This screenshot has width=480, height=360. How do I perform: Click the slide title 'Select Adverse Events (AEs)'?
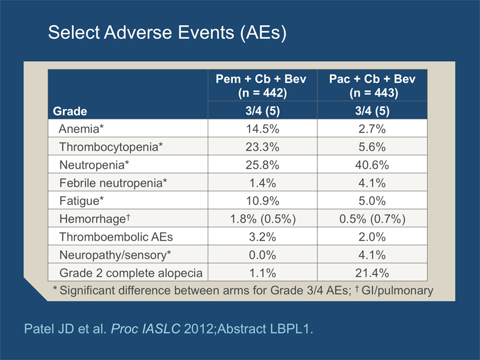tap(167, 32)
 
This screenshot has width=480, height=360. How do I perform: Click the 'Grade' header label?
tap(70, 111)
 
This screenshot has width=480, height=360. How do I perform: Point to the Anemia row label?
tap(82, 129)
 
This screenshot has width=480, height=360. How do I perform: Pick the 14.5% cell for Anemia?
tap(263, 129)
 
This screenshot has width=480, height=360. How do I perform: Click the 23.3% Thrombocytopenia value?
tap(262, 147)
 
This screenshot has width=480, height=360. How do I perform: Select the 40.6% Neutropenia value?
tap(372, 165)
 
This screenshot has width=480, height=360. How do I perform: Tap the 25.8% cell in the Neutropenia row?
tap(262, 165)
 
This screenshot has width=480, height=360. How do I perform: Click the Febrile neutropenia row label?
tap(113, 183)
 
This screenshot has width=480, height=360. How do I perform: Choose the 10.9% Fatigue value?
tap(263, 201)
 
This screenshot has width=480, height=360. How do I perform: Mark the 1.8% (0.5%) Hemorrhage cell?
tap(263, 219)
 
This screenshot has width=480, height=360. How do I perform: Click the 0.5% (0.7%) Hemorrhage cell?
tap(372, 219)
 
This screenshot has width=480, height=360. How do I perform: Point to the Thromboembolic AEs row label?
tap(116, 237)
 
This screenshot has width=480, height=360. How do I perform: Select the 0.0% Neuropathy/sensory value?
tap(262, 255)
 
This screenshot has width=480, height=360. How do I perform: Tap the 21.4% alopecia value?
tap(372, 273)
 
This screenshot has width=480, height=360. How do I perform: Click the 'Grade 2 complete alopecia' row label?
tap(131, 273)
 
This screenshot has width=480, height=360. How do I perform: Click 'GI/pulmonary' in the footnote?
tap(397, 290)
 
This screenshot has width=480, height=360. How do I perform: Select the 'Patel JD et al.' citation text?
tap(65, 329)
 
